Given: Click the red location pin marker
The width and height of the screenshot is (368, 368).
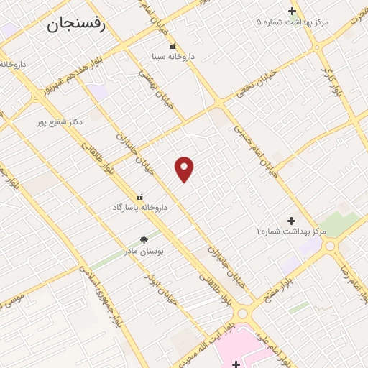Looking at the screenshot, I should click(x=185, y=168).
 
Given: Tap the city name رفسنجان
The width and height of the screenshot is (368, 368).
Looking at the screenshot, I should click(x=76, y=25).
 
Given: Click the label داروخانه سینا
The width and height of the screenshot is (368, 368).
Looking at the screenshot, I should click(x=173, y=55).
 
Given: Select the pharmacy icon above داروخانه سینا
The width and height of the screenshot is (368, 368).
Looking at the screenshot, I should click(x=172, y=45).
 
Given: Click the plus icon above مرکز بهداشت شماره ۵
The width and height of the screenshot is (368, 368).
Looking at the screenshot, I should click(x=292, y=11).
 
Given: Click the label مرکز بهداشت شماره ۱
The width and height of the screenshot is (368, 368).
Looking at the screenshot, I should click(x=291, y=231).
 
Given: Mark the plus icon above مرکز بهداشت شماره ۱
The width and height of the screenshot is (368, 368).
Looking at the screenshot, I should click(x=291, y=220).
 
